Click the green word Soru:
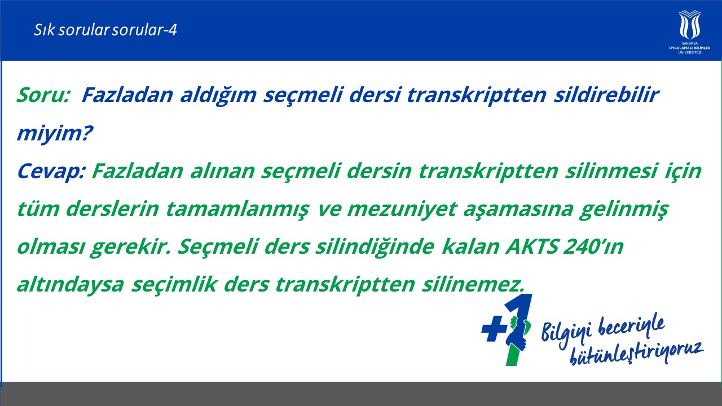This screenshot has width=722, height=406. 43,95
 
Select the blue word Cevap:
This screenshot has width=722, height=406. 51,171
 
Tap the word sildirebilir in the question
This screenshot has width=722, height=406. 606,95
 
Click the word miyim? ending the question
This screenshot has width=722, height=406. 55,133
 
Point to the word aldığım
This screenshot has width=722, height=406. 218,95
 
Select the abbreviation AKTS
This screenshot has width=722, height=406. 532,247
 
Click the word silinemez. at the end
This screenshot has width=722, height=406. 473,285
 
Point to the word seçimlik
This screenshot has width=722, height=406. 174,285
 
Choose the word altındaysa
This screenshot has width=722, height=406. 71,285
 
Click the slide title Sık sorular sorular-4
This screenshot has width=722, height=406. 105,30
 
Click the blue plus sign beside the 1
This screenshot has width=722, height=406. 494,328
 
